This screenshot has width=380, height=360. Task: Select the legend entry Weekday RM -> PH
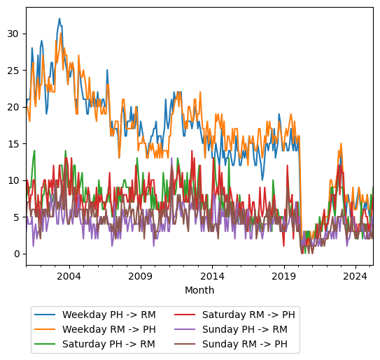[108, 329]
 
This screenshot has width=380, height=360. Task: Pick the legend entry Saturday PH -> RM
[108, 344]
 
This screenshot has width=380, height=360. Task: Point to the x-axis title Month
[199, 290]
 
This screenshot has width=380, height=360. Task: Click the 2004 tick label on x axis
[69, 276]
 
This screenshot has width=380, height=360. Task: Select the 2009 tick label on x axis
[141, 276]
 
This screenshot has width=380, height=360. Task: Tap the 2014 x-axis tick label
[213, 276]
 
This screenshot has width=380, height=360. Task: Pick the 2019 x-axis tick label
[284, 276]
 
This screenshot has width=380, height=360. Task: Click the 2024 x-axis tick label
[356, 276]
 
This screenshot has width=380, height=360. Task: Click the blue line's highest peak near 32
[59, 19]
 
